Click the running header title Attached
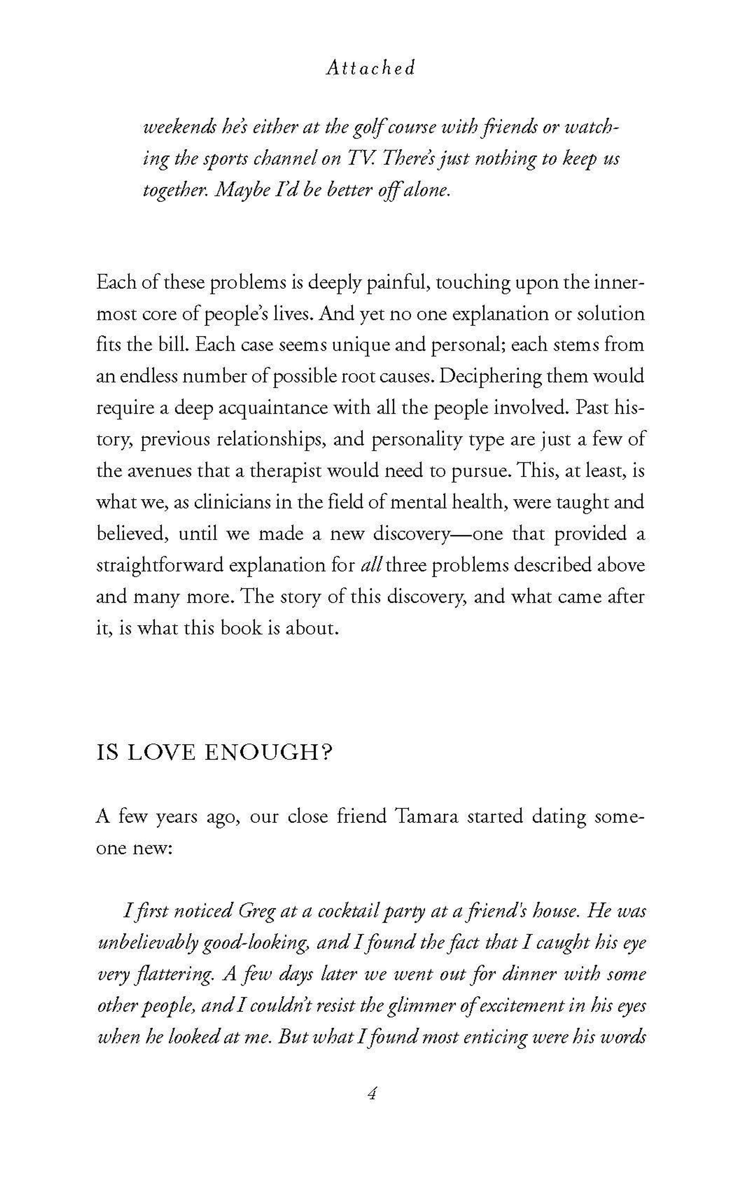[x=370, y=68]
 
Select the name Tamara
[x=426, y=817]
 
